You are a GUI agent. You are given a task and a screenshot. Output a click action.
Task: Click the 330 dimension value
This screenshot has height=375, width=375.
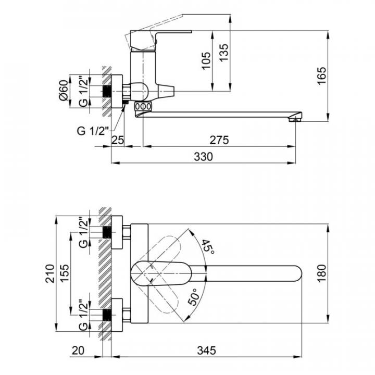point(203,157)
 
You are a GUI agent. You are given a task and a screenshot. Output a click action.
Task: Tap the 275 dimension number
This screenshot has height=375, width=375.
point(219,140)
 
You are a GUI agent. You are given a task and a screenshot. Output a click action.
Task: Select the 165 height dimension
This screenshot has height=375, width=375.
point(322,76)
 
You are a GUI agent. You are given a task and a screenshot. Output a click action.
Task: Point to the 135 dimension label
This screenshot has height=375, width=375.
point(224,53)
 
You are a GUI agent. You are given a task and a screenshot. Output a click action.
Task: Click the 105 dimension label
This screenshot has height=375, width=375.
point(206,61)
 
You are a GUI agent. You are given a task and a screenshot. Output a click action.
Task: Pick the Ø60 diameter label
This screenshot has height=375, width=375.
point(64,91)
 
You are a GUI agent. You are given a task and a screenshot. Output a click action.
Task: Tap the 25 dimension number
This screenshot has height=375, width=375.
point(118,140)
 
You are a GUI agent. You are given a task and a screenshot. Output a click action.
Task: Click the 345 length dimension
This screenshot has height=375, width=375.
point(206,351)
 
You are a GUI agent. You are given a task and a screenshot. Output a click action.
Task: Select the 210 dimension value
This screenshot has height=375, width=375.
point(50,273)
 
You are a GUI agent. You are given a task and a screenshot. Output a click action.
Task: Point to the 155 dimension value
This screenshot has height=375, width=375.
point(65,273)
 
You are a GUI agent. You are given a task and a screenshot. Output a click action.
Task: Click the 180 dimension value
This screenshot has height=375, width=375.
point(322,273)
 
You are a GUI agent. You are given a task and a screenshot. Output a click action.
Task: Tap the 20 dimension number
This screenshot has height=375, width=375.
point(78,351)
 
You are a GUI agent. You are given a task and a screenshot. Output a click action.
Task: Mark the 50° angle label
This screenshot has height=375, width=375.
point(194,297)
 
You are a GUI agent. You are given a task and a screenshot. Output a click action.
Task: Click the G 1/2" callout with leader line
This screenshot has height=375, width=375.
point(93,131)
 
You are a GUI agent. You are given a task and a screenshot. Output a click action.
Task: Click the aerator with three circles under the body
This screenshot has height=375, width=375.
point(143,106)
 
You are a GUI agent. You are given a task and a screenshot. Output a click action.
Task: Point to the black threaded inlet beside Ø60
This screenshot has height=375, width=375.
point(107,91)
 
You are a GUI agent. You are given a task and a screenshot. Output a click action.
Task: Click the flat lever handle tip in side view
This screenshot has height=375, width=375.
point(189,32)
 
